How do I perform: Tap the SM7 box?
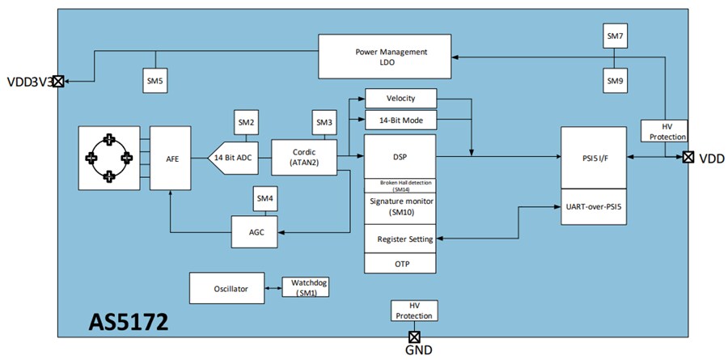pos(616,36)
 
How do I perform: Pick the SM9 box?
pos(616,80)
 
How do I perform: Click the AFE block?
pos(172,159)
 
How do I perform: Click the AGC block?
pos(255,232)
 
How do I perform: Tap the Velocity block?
pos(400,99)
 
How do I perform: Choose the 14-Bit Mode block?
pos(400,121)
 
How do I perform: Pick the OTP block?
pos(400,264)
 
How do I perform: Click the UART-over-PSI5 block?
pos(599,206)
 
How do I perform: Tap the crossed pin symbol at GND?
pos(414,336)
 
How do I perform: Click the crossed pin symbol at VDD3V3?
pos(58,81)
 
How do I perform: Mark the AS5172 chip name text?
pos(129,323)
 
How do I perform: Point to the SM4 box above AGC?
pos(265,198)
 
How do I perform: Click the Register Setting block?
pos(400,239)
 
